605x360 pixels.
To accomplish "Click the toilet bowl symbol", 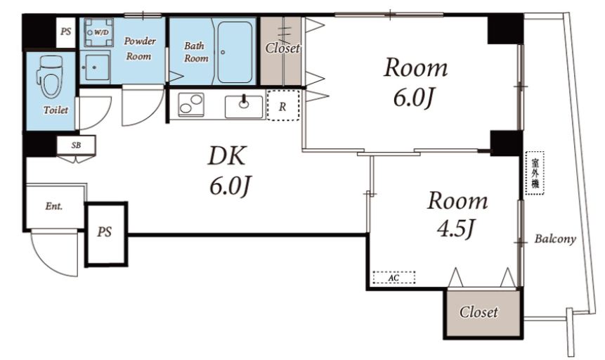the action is pos(50,77).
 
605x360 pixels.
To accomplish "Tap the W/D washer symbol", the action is pos(99,32).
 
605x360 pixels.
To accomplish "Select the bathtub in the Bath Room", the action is pos(235,52).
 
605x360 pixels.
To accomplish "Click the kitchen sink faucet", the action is pos(243,102).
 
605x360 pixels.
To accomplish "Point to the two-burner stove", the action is pos(190,104).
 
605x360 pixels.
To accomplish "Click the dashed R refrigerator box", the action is pos(282,105).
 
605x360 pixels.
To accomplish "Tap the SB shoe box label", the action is pos(76,146).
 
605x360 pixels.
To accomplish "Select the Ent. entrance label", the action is pos(53,206).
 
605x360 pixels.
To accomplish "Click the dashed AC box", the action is pos(394,277).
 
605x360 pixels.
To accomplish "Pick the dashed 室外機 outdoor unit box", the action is pos(535,173).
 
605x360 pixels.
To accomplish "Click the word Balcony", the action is pos(555,239).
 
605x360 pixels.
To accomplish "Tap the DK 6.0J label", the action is pos(228,170).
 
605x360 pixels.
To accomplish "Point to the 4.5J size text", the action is pos(455,229).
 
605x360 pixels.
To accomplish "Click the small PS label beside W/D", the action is pos(65,31).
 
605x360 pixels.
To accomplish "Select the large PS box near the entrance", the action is pos(106,233).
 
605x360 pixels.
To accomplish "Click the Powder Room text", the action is pos(139,49).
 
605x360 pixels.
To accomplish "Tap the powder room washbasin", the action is pos(96,67).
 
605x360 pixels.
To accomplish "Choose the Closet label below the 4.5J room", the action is pos(479,311).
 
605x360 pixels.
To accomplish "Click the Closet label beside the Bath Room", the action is pos(282,49).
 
